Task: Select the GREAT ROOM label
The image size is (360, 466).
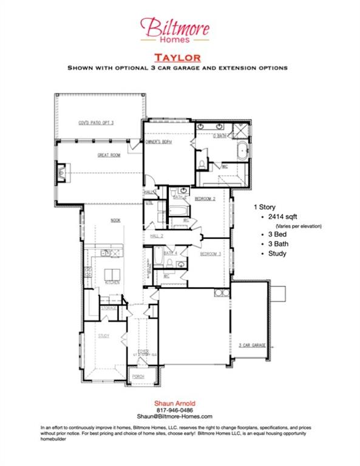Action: click(x=109, y=155)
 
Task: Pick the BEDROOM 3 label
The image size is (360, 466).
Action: click(x=209, y=253)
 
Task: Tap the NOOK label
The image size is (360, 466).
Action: click(x=115, y=221)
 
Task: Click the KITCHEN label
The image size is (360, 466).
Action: click(x=112, y=282)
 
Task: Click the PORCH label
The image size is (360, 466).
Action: click(x=138, y=376)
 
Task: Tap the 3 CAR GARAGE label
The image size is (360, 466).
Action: click(x=252, y=345)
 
